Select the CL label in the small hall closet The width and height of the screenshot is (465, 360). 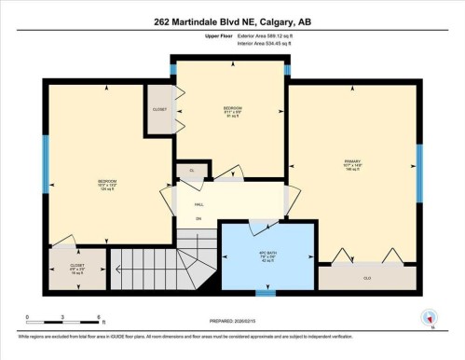click(x=191, y=171)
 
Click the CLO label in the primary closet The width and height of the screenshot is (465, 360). click(x=366, y=277)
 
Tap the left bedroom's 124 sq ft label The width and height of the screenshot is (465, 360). click(x=107, y=190)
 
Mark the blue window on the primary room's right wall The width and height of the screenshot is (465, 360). click(x=418, y=165)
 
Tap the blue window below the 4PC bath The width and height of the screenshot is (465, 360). click(x=266, y=292)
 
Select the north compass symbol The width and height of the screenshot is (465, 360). click(x=430, y=317)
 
